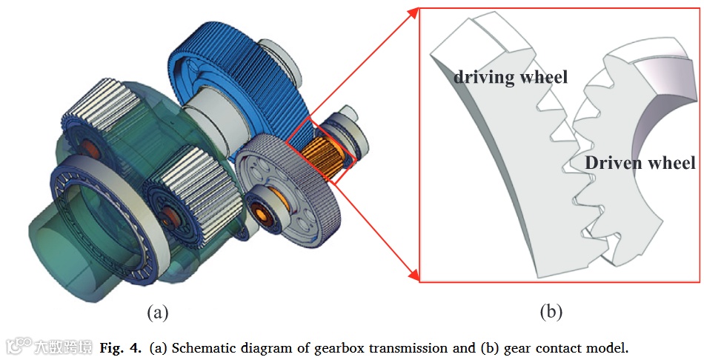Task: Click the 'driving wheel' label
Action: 511,76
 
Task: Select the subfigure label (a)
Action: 158,312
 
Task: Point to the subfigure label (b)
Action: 550,312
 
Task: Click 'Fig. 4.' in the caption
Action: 122,347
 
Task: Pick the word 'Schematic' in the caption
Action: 204,347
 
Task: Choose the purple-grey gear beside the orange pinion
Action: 289,185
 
